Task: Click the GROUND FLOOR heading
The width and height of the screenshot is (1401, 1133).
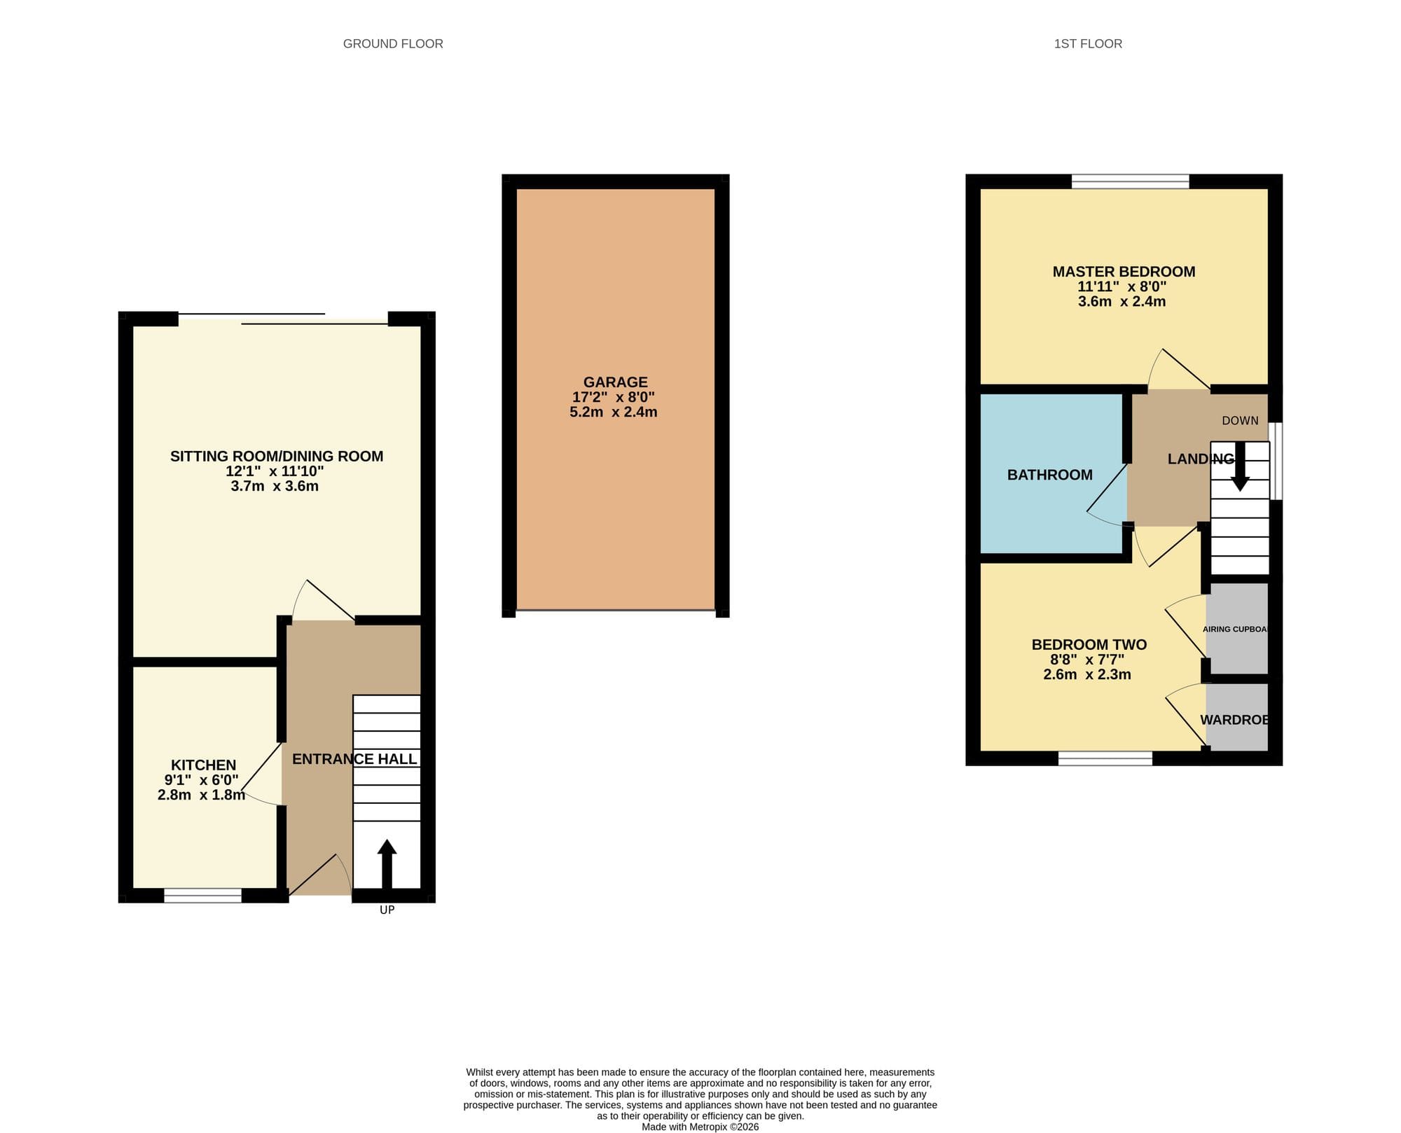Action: click(x=393, y=44)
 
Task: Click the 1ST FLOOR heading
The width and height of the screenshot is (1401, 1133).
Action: click(x=1088, y=44)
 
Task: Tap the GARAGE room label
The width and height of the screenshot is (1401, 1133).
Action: click(x=616, y=382)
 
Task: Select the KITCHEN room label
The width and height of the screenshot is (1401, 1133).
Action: click(x=204, y=765)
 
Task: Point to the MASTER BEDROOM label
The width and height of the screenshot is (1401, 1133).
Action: click(x=1124, y=272)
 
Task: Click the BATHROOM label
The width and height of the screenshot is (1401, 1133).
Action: click(x=1050, y=475)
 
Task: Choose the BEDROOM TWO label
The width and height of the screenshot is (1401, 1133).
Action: click(x=1089, y=645)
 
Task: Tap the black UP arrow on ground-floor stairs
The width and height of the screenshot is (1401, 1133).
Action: click(x=387, y=864)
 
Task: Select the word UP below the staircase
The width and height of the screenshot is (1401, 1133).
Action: click(x=387, y=910)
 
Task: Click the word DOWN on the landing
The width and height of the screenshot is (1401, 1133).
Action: click(x=1240, y=421)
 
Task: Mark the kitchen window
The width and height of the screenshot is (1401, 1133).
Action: click(x=202, y=896)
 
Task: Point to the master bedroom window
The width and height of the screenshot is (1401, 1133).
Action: click(x=1131, y=181)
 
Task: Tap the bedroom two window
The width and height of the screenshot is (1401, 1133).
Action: click(x=1105, y=758)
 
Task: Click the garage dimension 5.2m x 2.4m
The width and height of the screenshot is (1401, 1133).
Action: click(x=614, y=412)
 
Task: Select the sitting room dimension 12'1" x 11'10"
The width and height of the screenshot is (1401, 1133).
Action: click(x=275, y=471)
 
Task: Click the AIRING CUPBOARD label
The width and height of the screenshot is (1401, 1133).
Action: click(x=1236, y=629)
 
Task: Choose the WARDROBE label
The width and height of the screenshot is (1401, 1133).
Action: click(x=1234, y=720)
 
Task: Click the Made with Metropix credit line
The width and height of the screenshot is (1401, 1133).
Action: click(x=700, y=1127)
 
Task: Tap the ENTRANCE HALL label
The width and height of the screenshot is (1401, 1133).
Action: click(x=354, y=759)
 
